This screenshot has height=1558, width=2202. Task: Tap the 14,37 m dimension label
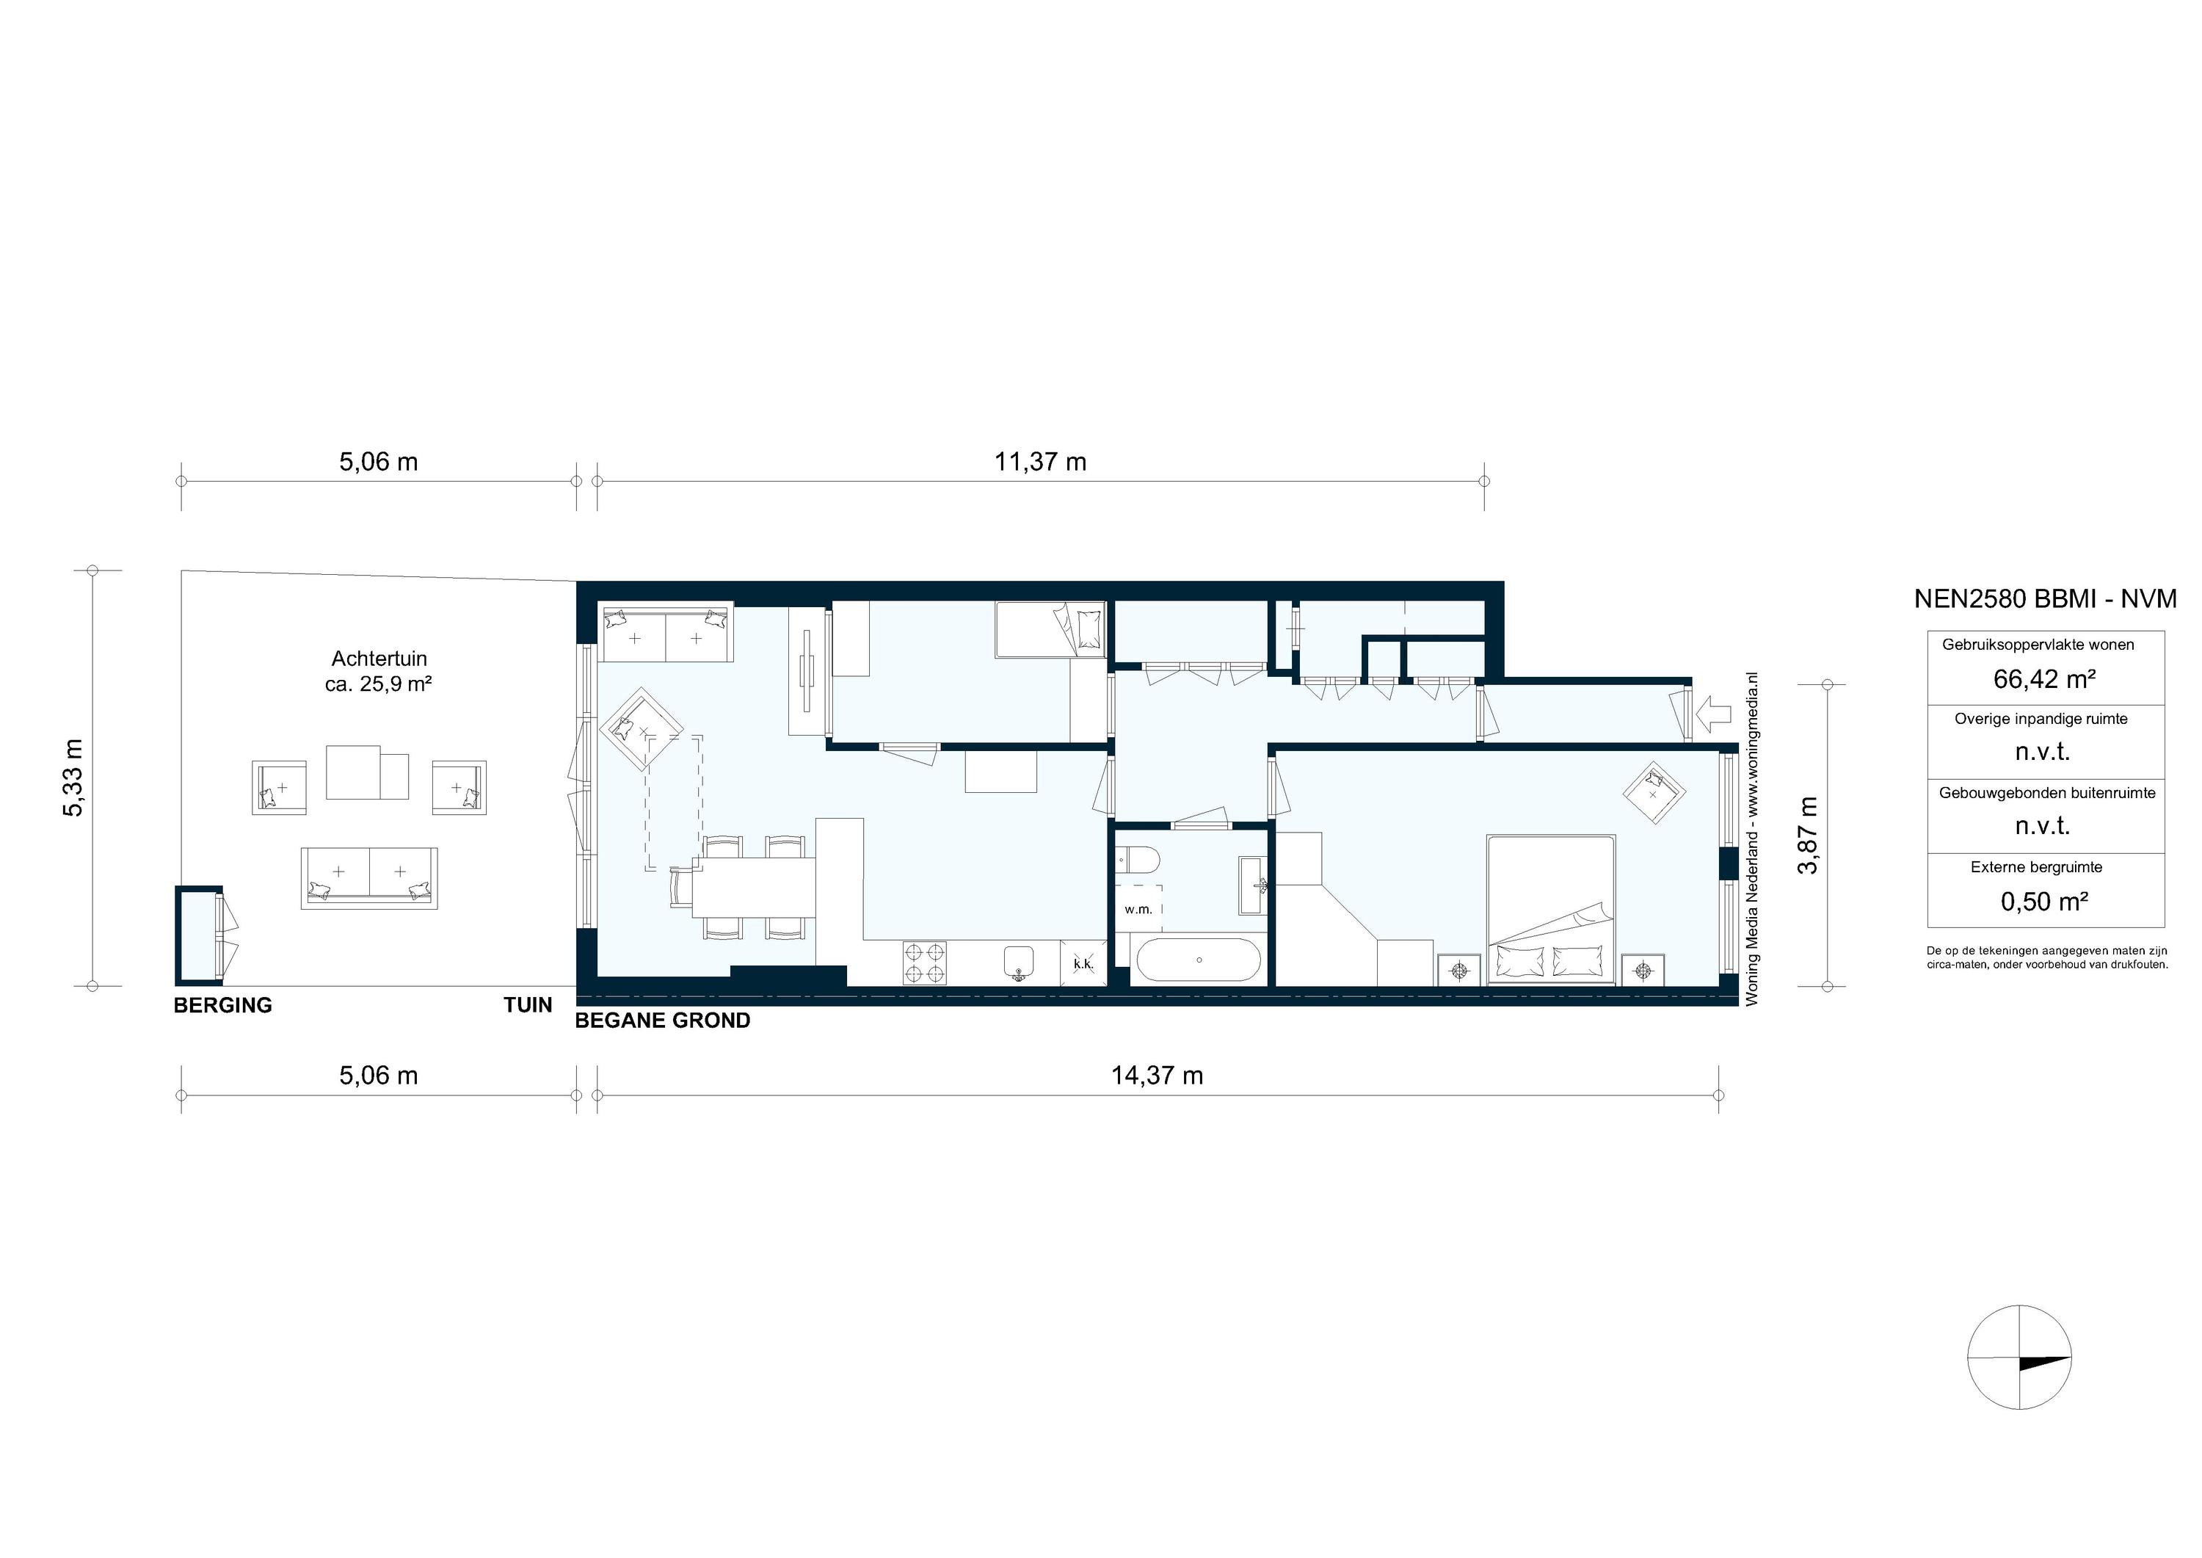pyautogui.click(x=1157, y=1076)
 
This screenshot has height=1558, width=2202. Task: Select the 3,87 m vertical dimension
pyautogui.click(x=1808, y=835)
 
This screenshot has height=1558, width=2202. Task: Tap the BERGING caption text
pyautogui.click(x=222, y=1005)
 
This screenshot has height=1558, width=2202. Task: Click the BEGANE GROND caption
pyautogui.click(x=662, y=1021)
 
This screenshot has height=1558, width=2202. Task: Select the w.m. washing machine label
pyautogui.click(x=1138, y=910)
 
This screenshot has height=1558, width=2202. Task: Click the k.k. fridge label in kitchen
pyautogui.click(x=1083, y=964)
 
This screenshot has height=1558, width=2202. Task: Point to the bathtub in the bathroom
pyautogui.click(x=1198, y=960)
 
